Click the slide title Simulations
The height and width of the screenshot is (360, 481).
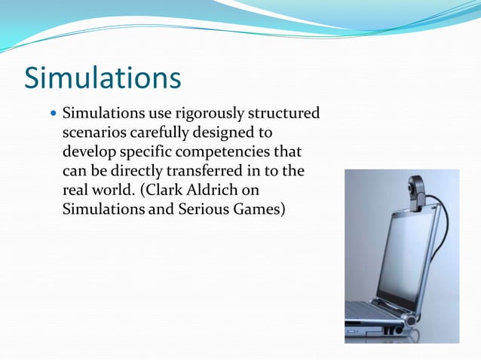pos(103,78)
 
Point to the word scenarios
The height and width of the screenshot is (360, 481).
pos(93,133)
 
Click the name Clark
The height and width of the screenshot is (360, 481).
pos(167,190)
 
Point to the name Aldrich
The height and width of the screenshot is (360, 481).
pos(219,190)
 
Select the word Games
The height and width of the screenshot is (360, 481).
pos(256,209)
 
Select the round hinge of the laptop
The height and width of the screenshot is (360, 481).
pos(410,319)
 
